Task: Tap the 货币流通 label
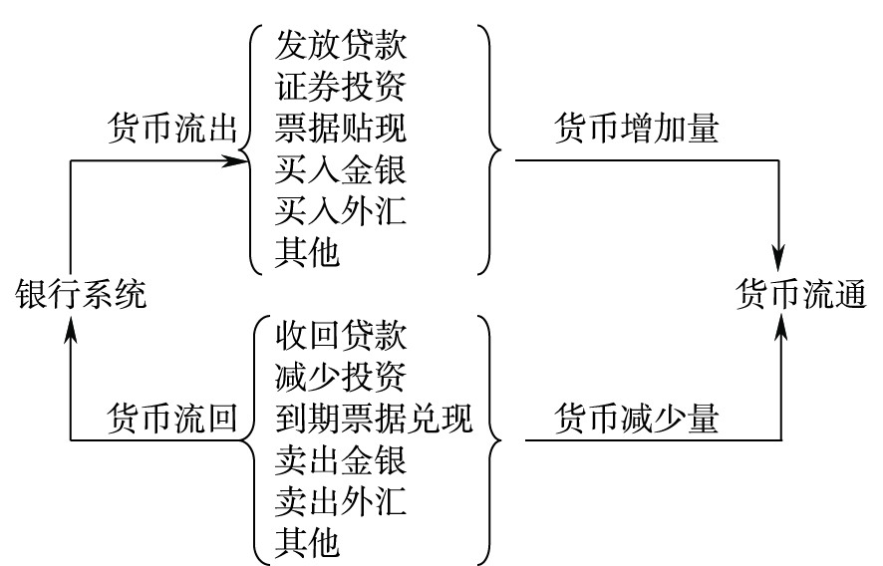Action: (x=801, y=295)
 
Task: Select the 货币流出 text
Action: (x=170, y=130)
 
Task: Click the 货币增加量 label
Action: (x=637, y=130)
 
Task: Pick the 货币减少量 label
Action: (x=637, y=420)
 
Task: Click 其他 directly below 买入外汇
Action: (x=308, y=254)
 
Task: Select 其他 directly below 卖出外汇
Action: (x=308, y=543)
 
